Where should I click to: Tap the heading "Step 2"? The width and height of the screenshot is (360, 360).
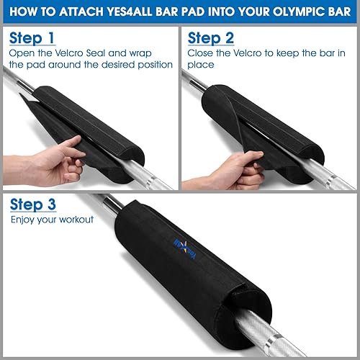coord(212,37)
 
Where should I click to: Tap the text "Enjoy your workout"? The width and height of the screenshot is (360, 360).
coord(52,219)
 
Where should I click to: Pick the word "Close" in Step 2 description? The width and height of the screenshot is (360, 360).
coord(201,53)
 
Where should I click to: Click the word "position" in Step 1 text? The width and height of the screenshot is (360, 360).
coord(153,65)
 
